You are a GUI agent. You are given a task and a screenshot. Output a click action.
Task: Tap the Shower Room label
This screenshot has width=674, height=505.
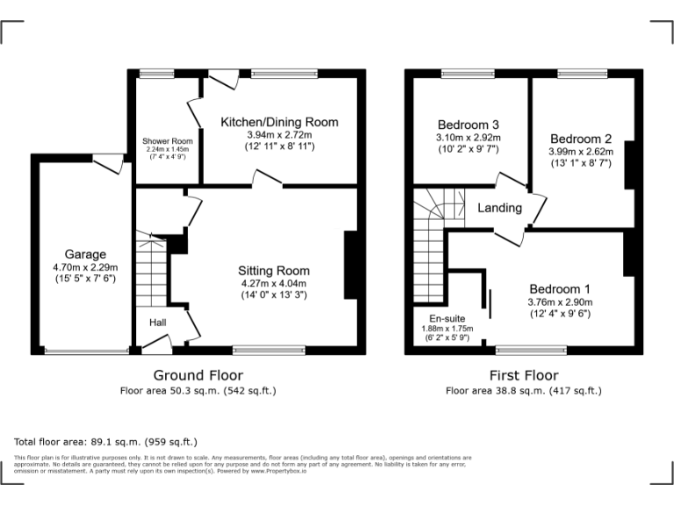pos(167,140)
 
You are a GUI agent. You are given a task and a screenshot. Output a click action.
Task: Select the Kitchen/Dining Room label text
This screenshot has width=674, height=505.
pos(279,122)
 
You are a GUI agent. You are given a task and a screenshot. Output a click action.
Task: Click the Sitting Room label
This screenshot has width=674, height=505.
pos(274,270)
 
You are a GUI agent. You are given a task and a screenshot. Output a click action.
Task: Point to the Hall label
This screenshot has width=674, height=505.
pos(157,324)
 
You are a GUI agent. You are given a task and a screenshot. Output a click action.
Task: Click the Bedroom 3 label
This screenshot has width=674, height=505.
pos(468,124)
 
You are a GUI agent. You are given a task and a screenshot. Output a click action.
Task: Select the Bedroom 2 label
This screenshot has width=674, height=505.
pos(581,138)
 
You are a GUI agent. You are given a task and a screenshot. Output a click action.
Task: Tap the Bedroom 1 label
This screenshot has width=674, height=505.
pos(560,289)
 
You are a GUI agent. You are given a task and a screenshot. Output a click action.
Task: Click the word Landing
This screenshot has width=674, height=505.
pos(499,208)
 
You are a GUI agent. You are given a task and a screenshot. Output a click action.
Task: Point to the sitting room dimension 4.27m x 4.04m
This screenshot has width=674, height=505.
pos(274,283)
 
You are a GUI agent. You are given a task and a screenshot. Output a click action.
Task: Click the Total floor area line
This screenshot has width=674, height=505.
pos(105,442)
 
